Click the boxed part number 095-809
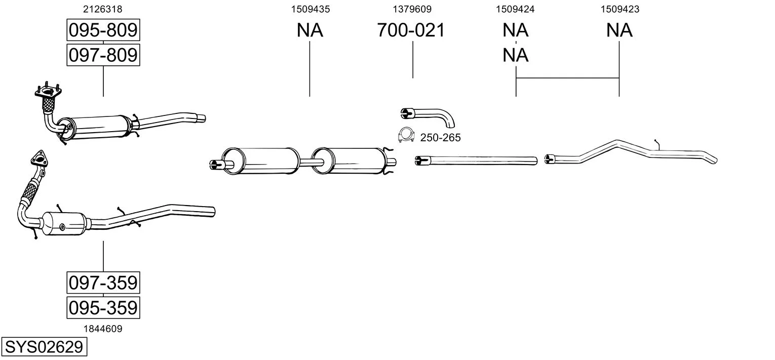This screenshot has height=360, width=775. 103,30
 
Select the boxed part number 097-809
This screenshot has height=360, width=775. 103,55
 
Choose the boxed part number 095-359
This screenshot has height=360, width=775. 103,307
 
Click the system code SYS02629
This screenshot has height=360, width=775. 44,347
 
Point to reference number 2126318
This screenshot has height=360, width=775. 103,9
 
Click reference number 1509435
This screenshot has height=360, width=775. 309,9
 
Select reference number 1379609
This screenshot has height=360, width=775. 412,9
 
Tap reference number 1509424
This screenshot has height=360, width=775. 515,9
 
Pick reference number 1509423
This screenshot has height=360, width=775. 619,9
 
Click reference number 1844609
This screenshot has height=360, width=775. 103,329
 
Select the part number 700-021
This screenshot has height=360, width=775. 411,30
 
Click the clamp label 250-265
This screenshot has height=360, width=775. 440,138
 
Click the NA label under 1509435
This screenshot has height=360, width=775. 309,30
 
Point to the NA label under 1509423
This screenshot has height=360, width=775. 619,30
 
